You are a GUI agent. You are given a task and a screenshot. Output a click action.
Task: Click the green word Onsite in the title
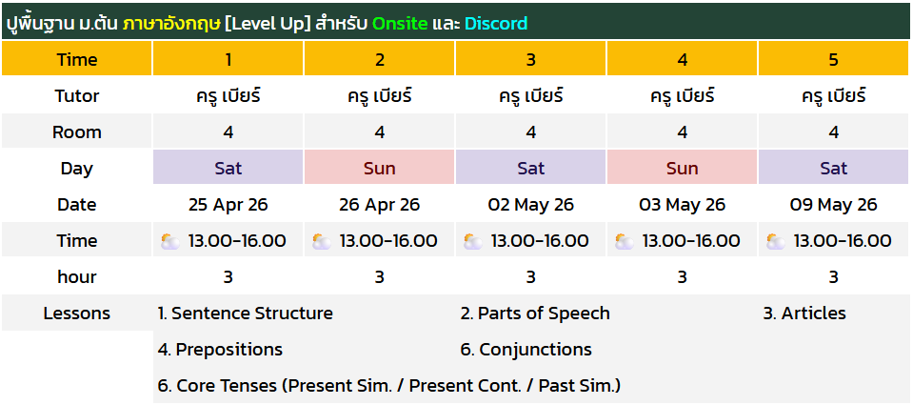pyautogui.click(x=400, y=23)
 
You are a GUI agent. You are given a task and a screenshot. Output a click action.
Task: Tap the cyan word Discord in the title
pyautogui.click(x=496, y=23)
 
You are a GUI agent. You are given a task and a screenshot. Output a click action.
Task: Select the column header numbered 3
pyautogui.click(x=531, y=59)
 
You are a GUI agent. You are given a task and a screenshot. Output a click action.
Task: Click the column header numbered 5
pyautogui.click(x=833, y=59)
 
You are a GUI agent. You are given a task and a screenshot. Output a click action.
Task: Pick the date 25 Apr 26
pyautogui.click(x=228, y=205)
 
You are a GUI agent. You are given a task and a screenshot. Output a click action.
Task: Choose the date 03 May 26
pyautogui.click(x=683, y=205)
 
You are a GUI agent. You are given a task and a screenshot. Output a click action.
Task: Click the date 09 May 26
pyautogui.click(x=833, y=205)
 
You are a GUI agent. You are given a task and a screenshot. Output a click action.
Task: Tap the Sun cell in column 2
pyautogui.click(x=380, y=169)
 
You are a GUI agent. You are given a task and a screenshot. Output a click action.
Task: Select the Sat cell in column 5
pyautogui.click(x=833, y=169)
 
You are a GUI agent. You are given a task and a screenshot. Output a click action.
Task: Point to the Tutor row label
pyautogui.click(x=77, y=96)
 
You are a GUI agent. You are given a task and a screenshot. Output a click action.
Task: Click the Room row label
pyautogui.click(x=77, y=132)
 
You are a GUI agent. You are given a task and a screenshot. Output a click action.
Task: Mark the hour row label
pyautogui.click(x=77, y=276)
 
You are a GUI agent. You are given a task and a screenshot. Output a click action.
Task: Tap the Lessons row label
pyautogui.click(x=77, y=314)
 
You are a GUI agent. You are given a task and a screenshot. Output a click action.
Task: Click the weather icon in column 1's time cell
pyautogui.click(x=170, y=241)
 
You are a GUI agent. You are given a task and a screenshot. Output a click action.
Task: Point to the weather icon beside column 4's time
pyautogui.click(x=625, y=241)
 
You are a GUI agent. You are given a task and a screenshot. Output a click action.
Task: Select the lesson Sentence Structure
pyautogui.click(x=245, y=314)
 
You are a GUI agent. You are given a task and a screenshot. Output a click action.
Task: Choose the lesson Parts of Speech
pyautogui.click(x=535, y=314)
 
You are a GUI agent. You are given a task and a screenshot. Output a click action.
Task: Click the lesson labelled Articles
pyautogui.click(x=804, y=314)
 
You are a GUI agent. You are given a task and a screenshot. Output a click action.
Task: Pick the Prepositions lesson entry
pyautogui.click(x=220, y=350)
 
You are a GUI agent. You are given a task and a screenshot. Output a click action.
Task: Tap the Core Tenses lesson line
pyautogui.click(x=389, y=386)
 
